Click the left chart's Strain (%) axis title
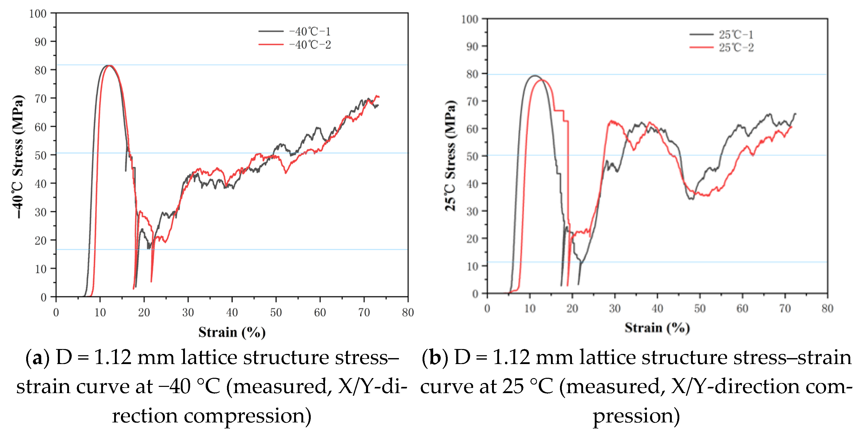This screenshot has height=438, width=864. pyautogui.click(x=232, y=332)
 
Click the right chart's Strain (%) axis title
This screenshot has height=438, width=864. pyautogui.click(x=657, y=327)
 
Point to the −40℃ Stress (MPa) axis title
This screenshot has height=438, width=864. pyautogui.click(x=18, y=156)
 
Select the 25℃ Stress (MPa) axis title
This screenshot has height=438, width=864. pyautogui.click(x=451, y=156)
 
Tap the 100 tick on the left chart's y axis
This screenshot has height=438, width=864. pyautogui.click(x=38, y=14)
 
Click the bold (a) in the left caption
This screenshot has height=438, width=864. pyautogui.click(x=37, y=358)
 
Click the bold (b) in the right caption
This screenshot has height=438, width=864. pyautogui.click(x=435, y=358)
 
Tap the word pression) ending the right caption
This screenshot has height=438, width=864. pyautogui.click(x=636, y=416)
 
